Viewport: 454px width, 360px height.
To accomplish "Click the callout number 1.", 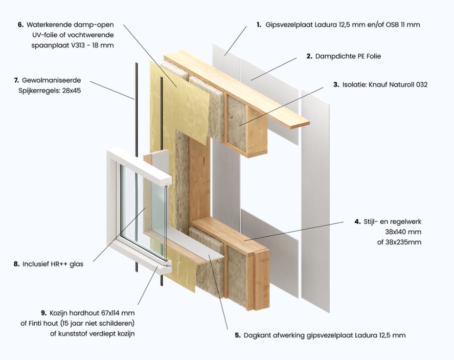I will click(259, 25).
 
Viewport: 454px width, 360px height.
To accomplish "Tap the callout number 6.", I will click(20, 25).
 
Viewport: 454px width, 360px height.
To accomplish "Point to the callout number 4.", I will click(357, 221).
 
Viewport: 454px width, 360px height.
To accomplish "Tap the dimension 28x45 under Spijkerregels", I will click(72, 91).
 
